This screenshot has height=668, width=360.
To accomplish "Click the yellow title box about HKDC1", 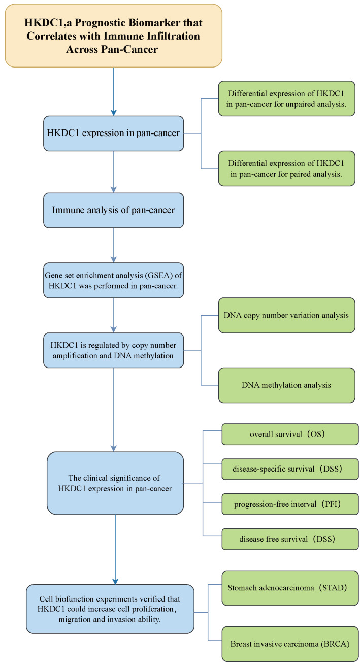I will pyautogui.click(x=113, y=36).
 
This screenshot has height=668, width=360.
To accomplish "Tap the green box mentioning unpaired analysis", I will pyautogui.click(x=286, y=98).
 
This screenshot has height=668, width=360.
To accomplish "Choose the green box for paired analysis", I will pyautogui.click(x=286, y=168).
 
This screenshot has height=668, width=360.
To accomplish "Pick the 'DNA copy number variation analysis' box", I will pyautogui.click(x=286, y=315).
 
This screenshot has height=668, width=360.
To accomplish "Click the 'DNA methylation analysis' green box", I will pyautogui.click(x=286, y=385).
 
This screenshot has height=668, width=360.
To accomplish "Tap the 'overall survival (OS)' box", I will pyautogui.click(x=290, y=435).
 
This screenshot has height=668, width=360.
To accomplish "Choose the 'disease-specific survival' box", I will pyautogui.click(x=290, y=469).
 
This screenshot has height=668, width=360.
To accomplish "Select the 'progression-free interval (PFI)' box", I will pyautogui.click(x=290, y=504).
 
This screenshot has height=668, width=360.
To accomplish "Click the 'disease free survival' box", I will pyautogui.click(x=290, y=539).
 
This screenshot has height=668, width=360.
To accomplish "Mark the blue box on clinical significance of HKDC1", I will pyautogui.click(x=115, y=483).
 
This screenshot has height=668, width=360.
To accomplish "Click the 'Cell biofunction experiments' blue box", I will pyautogui.click(x=110, y=609).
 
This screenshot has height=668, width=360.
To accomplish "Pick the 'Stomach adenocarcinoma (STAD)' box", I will pyautogui.click(x=290, y=588).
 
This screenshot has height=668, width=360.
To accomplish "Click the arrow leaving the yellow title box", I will pyautogui.click(x=113, y=91).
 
